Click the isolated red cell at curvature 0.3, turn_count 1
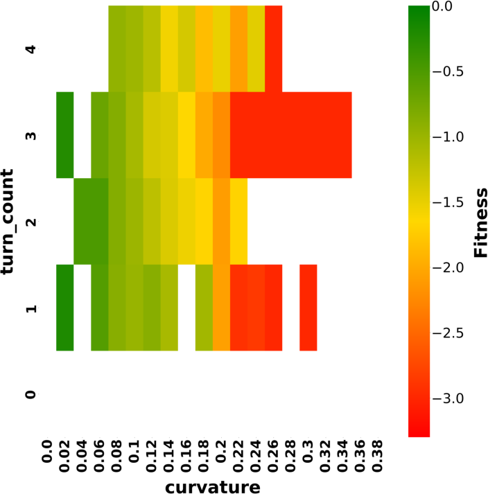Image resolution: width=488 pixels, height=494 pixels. coord(308,308)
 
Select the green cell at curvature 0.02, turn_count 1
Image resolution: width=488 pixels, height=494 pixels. coord(65,308)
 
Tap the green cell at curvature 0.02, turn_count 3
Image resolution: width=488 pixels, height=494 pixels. coord(65,135)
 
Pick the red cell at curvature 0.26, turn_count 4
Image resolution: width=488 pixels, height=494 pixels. coord(274,48)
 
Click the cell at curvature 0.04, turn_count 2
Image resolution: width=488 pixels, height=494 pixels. coord(82,222)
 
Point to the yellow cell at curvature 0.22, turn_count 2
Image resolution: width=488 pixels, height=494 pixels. coord(238,222)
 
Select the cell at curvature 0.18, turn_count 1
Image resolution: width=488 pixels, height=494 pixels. coord(204,308)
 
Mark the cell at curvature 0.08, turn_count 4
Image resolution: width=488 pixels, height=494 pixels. coord(117,48)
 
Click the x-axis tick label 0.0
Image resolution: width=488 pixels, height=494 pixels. coord(47,452)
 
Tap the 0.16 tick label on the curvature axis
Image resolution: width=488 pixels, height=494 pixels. coord(186,456)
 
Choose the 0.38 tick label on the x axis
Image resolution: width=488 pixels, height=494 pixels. coord(378,456)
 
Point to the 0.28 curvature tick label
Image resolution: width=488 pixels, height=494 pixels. coord(290,456)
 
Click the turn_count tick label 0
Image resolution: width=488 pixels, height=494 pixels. coord(31,394)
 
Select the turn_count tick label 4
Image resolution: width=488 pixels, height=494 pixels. coord(31,49)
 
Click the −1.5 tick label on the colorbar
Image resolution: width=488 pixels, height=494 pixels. coord(448,202)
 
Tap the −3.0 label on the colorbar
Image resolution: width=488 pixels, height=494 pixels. coord(448,399)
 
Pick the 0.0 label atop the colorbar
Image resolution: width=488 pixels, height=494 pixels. coord(442,6)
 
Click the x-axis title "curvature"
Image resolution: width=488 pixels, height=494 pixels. coord(213,487)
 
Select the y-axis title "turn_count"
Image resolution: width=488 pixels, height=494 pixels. coord(8,222)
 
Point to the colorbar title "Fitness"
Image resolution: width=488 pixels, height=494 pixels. coord(481,222)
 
